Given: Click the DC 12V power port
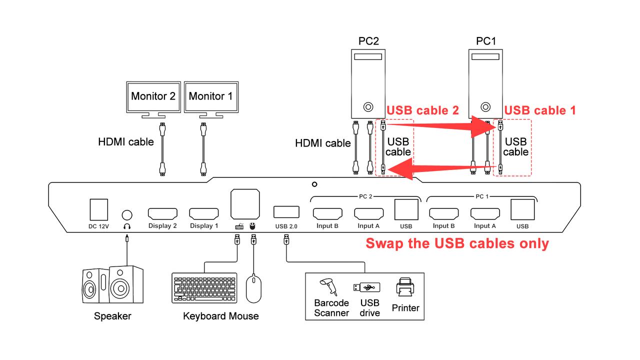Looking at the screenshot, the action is click(99, 209).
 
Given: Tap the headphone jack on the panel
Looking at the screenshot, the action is click(127, 215).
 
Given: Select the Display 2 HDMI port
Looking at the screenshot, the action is click(162, 213).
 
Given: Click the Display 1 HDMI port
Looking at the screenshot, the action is click(204, 213).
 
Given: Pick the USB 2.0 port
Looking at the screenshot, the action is click(286, 212).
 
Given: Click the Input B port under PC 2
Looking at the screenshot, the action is click(327, 213).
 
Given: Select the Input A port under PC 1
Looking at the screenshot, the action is click(485, 213).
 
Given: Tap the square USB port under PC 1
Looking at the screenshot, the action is click(522, 209).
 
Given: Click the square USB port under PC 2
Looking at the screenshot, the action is click(406, 209).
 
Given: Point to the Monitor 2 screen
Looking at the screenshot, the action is click(153, 97).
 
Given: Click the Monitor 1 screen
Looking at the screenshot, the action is click(211, 97).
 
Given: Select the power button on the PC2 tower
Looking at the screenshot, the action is click(368, 107).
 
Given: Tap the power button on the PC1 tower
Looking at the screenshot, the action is click(485, 107).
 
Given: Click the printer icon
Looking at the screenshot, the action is click(405, 287).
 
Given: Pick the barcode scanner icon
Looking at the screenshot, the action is click(329, 287).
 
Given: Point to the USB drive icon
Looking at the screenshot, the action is click(366, 287).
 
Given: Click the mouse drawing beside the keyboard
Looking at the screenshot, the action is click(253, 288).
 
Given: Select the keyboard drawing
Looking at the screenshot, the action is click(204, 288).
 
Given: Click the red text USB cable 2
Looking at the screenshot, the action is click(422, 110).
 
